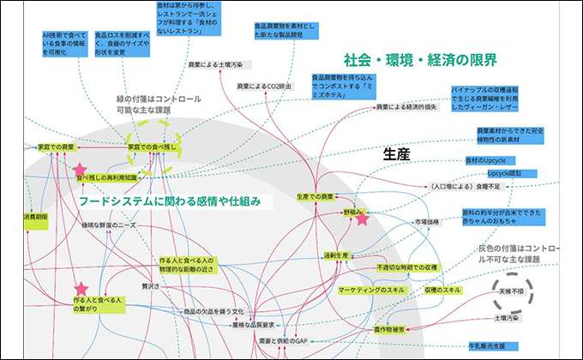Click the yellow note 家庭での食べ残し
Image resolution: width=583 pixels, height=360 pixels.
(x=152, y=147)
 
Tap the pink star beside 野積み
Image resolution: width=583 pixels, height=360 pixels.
(x=363, y=219)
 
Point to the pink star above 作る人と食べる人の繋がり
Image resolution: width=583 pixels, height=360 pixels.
(x=81, y=288)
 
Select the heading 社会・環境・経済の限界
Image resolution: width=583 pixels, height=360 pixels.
(x=420, y=61)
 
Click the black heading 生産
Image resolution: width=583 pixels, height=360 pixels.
(x=397, y=154)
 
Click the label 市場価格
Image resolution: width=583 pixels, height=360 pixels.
(x=427, y=221)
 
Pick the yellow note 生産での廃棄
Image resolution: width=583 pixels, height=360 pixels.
(x=314, y=197)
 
